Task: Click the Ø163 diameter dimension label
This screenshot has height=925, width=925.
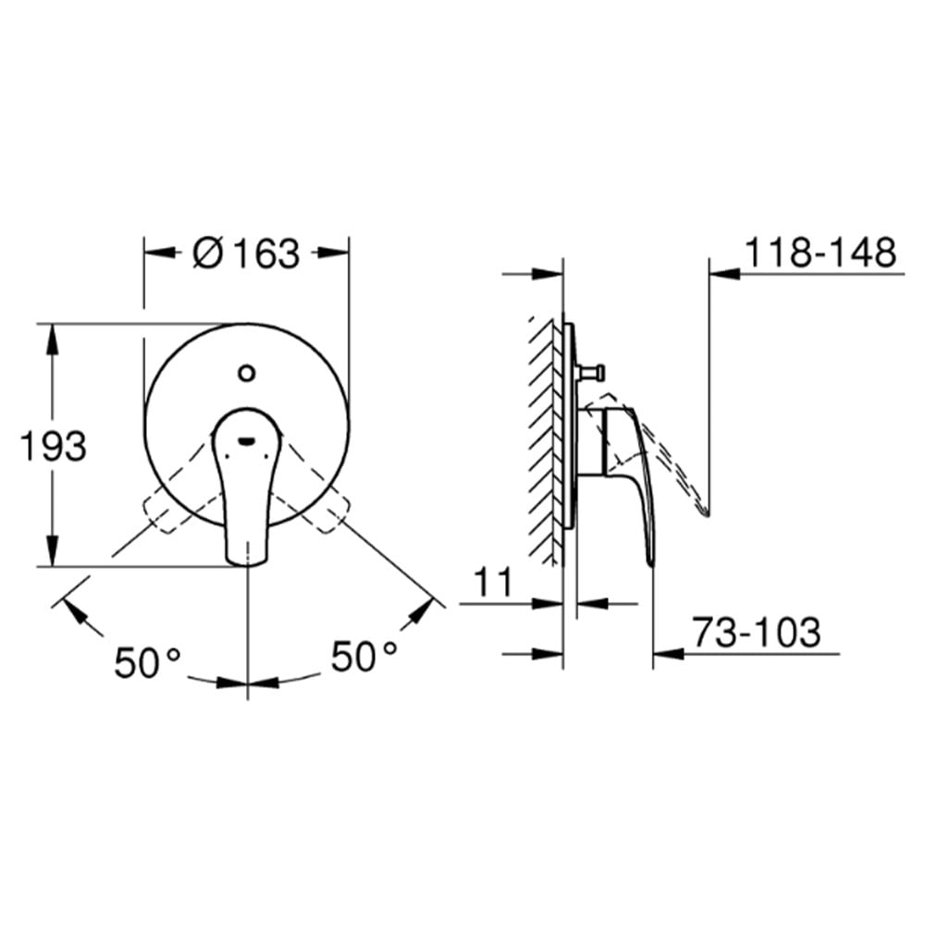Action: (246, 253)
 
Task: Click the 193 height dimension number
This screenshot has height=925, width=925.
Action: (53, 446)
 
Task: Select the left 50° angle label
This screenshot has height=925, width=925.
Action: (147, 662)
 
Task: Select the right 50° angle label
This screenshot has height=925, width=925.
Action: (364, 656)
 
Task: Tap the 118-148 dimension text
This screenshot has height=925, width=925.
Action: (821, 253)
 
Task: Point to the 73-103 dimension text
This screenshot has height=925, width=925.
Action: (757, 632)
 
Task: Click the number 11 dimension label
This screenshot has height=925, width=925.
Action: (493, 582)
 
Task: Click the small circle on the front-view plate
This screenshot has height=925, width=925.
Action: (247, 373)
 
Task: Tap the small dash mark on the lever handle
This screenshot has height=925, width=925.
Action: (245, 440)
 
